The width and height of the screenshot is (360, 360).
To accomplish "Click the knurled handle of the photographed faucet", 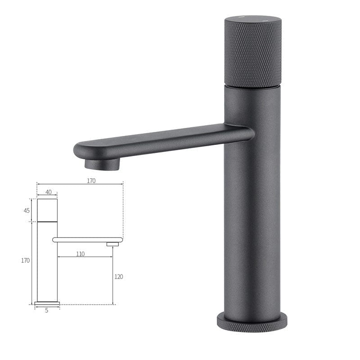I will [x=252, y=54].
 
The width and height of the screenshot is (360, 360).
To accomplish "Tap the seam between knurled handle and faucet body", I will [x=252, y=86].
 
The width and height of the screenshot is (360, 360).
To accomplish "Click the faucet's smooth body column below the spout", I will [x=252, y=225].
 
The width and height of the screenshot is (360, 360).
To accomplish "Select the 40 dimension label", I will [x=48, y=192].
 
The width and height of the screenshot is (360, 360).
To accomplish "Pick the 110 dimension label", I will [x=80, y=254].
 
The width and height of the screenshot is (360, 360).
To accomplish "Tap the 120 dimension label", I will [x=118, y=277].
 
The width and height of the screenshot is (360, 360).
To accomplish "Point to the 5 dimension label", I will [x=46, y=310].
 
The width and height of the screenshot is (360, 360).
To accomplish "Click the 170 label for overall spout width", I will [x=91, y=180].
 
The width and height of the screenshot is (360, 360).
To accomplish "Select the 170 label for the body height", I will [x=25, y=261].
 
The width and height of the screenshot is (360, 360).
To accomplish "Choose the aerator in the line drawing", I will [x=112, y=244].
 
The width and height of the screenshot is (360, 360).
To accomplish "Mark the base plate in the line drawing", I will [x=47, y=303].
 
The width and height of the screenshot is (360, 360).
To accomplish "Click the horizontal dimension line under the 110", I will [x=85, y=257].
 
